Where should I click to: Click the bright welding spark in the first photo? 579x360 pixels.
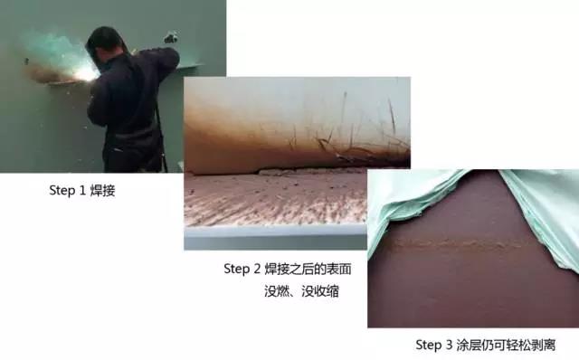pyautogui.click(x=86, y=75)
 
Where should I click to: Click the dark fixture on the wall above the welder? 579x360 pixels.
pyautogui.click(x=171, y=38)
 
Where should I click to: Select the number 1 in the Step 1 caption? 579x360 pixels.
pyautogui.click(x=82, y=191)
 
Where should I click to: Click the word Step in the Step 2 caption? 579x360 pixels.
pyautogui.click(x=237, y=269)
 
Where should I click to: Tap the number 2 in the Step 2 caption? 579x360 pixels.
pyautogui.click(x=257, y=269)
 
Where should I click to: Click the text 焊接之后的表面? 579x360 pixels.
pyautogui.click(x=308, y=269)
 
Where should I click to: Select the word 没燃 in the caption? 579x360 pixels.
pyautogui.click(x=277, y=291)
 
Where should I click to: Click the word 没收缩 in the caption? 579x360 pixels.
pyautogui.click(x=320, y=291)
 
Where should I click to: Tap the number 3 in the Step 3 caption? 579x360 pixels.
pyautogui.click(x=449, y=345)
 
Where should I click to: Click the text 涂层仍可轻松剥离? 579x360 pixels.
pyautogui.click(x=506, y=345)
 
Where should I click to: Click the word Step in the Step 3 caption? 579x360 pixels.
pyautogui.click(x=428, y=345)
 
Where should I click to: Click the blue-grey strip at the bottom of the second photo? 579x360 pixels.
pyautogui.click(x=275, y=238)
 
